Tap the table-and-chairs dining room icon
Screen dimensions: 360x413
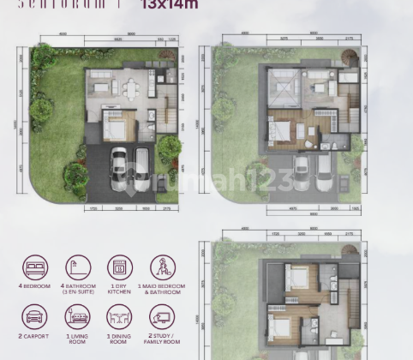[x=119, y=318]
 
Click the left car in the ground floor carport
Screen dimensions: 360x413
[x=119, y=166]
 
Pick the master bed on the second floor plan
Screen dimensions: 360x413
[x=280, y=129]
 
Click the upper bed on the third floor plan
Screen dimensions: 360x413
[x=296, y=278]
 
